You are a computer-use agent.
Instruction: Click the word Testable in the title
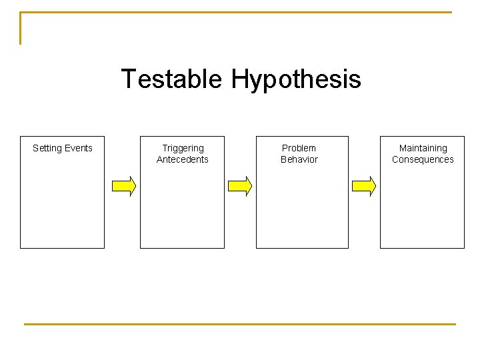[171, 79]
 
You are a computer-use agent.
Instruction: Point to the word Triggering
[183, 148]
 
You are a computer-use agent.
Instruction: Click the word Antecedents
[183, 159]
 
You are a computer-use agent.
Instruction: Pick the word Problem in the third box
[299, 148]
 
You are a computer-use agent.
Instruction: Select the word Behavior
[299, 159]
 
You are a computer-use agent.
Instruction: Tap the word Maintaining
[423, 148]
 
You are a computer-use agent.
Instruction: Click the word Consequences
[423, 159]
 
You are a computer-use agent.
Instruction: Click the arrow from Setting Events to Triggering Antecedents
[123, 186]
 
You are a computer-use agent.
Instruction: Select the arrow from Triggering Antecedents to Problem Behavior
[240, 186]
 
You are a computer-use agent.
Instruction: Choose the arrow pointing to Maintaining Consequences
[363, 186]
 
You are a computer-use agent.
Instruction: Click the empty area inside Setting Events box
[62, 207]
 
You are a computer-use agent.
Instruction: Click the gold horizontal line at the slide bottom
[240, 324]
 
